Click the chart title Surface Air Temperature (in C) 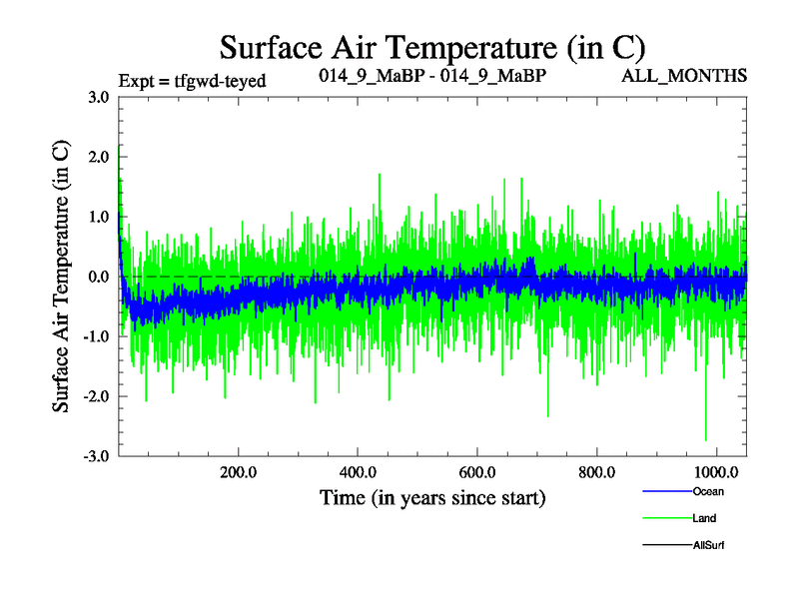tap(432, 47)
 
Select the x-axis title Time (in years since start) tap(432, 496)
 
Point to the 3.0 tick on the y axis tap(100, 97)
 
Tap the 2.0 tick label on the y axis tap(100, 157)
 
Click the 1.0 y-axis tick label tap(100, 217)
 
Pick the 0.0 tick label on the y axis tap(100, 277)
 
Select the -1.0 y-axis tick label tap(98, 336)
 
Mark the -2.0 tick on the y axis tap(98, 396)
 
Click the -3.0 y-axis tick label tap(98, 456)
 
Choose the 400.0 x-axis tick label tap(359, 471)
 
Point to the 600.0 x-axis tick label tap(478, 471)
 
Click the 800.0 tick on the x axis tap(597, 471)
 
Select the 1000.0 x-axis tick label tap(716, 471)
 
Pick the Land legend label tap(704, 518)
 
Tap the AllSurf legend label tap(708, 545)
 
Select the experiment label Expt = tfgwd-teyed tap(192, 81)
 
